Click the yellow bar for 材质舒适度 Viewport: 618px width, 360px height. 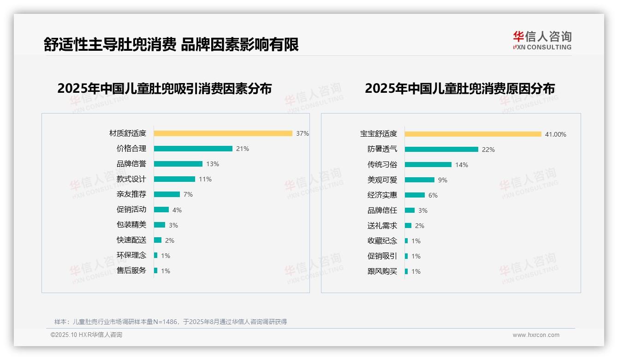pyautogui.click(x=223, y=133)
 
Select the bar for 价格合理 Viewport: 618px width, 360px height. pyautogui.click(x=193, y=149)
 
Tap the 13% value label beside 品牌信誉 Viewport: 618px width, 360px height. pyautogui.click(x=213, y=164)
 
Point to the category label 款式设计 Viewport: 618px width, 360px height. pyautogui.click(x=131, y=179)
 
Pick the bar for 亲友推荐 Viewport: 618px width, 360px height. pyautogui.click(x=166, y=194)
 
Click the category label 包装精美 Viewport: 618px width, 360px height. pyautogui.click(x=131, y=225)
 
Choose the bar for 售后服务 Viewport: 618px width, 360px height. pyautogui.click(x=155, y=270)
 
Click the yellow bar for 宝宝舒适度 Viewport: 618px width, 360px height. pyautogui.click(x=473, y=134)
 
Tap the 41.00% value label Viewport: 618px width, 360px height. pyautogui.click(x=555, y=134)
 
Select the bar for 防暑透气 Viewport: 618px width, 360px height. pyautogui.click(x=441, y=150)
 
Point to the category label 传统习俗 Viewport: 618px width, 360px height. pyautogui.click(x=382, y=164)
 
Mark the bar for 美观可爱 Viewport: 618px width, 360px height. pyautogui.click(x=420, y=180)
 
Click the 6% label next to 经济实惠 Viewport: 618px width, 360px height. pyautogui.click(x=433, y=195)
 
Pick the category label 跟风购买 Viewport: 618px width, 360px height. pyautogui.click(x=382, y=271)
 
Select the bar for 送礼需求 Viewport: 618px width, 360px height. pyautogui.click(x=408, y=226)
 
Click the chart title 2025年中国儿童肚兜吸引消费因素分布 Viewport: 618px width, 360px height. pyautogui.click(x=165, y=88)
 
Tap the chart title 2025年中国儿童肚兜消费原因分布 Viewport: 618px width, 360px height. pyautogui.click(x=459, y=88)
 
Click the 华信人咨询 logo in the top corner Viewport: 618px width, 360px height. pyautogui.click(x=542, y=40)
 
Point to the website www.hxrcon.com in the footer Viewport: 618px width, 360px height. pyautogui.click(x=536, y=335)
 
